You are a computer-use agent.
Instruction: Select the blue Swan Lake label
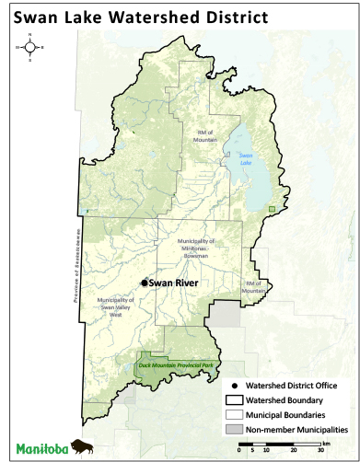click(x=245, y=157)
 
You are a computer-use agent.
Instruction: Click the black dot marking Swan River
click(x=144, y=283)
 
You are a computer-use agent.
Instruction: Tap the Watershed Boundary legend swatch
click(x=238, y=400)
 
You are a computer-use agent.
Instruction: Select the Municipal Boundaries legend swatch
click(x=238, y=415)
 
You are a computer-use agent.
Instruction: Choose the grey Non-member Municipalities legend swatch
click(x=238, y=430)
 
